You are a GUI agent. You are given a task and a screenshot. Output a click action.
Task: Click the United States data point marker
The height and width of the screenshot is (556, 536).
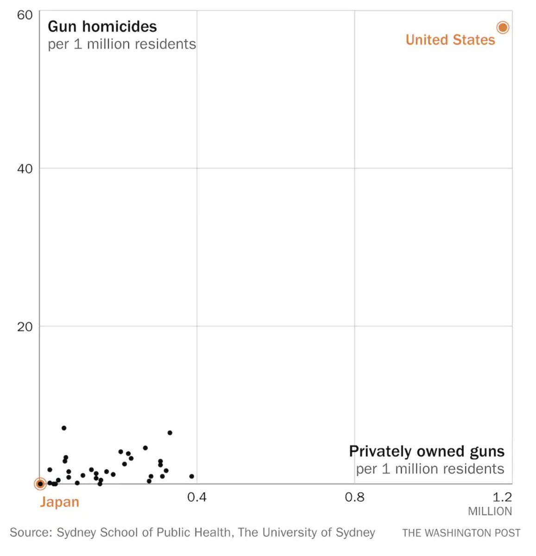[x=503, y=28]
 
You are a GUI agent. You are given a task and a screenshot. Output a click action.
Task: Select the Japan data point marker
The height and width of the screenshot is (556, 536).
[x=40, y=484]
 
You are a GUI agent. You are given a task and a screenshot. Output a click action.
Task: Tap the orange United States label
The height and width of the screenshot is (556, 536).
[x=450, y=40]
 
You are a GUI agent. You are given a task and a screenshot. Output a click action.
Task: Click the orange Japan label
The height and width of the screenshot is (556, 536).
[x=59, y=502]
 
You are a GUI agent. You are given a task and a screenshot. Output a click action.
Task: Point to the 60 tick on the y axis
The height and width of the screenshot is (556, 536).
[x=25, y=15]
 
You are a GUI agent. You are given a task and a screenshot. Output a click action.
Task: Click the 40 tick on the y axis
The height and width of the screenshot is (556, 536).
[x=25, y=169]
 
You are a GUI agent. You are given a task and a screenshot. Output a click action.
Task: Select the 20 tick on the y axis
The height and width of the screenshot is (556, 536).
[x=25, y=327]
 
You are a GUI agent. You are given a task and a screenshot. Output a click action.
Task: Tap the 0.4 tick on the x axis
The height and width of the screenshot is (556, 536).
[x=197, y=498]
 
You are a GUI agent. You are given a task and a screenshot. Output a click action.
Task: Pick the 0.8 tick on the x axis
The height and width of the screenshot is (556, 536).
[x=354, y=498]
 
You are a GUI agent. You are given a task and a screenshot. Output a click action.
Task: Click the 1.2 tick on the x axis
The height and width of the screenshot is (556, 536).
[x=502, y=498]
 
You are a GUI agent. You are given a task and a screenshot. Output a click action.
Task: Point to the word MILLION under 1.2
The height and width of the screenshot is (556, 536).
[x=490, y=512]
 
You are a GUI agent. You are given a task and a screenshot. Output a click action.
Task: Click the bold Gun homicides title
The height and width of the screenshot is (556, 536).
[x=102, y=26]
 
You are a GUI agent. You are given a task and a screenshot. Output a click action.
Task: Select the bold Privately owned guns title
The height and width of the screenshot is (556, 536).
[x=427, y=451]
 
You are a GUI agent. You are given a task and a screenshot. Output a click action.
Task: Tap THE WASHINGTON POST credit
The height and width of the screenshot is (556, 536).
[x=461, y=533]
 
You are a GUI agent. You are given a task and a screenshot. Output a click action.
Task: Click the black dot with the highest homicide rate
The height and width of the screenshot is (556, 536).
[x=64, y=428]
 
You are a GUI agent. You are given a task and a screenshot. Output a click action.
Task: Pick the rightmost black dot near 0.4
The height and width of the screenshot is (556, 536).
[x=191, y=476]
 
